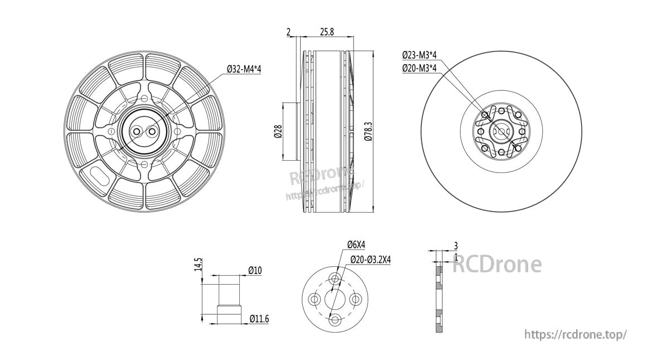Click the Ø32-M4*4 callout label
[x=244, y=69]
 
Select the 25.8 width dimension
[x=327, y=32]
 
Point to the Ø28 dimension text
[x=277, y=131]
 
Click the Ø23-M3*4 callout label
[x=419, y=55]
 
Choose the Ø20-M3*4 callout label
[x=419, y=68]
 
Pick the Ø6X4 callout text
[x=356, y=244]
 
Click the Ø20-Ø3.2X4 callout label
[x=370, y=260]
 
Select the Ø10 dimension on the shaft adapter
[x=255, y=271]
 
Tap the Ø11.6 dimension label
[x=259, y=319]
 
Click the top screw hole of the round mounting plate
[x=335, y=279]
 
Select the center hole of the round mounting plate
[x=335, y=300]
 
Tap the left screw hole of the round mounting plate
[x=315, y=300]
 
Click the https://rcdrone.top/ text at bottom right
[x=576, y=334]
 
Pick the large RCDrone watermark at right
[x=496, y=264]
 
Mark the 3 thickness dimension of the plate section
[x=456, y=246]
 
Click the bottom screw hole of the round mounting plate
[x=335, y=320]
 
